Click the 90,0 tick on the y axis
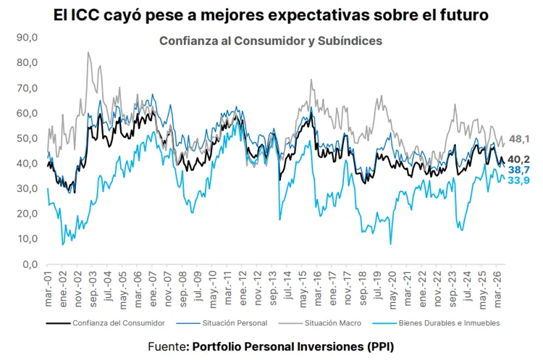[27, 38]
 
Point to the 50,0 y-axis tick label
[27, 138]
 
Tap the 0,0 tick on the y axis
[30, 264]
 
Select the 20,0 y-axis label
[27, 214]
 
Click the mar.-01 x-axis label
[48, 290]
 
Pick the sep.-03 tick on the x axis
[93, 289]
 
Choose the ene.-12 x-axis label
[243, 289]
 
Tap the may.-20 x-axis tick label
[393, 290]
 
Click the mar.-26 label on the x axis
[498, 290]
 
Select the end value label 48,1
[519, 139]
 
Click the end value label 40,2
[519, 159]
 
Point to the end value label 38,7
[519, 169]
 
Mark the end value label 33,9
[519, 180]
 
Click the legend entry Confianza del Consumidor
[106, 323]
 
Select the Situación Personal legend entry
[222, 323]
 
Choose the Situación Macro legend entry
[319, 323]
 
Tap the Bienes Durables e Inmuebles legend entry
[437, 323]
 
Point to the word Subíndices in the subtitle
[350, 41]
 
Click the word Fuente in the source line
[167, 346]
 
